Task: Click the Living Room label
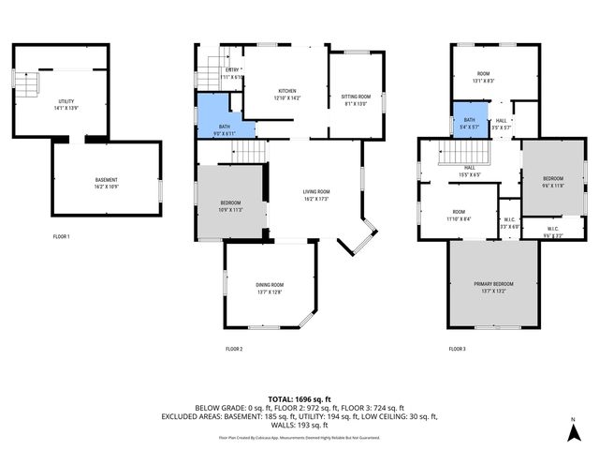pos(316,195)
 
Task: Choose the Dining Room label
pos(270,287)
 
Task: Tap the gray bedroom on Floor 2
pos(230,205)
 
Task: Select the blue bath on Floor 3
pos(471,123)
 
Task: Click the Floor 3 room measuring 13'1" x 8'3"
pos(484,77)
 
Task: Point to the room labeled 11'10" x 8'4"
pos(459,215)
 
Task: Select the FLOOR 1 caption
pos(61,236)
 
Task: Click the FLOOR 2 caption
pos(234,349)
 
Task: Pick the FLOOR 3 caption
pos(457,349)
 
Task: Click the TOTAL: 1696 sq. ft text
pos(299,398)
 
